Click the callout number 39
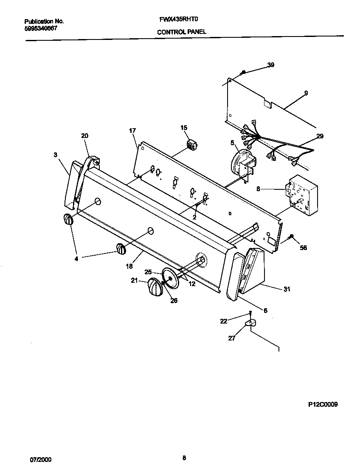click(x=270, y=65)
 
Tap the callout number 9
click(x=306, y=93)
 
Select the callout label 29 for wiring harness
click(x=319, y=136)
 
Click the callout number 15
click(x=184, y=127)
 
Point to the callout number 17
click(x=132, y=131)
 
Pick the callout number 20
click(x=84, y=135)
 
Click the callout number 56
click(x=303, y=248)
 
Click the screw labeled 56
click(x=291, y=236)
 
